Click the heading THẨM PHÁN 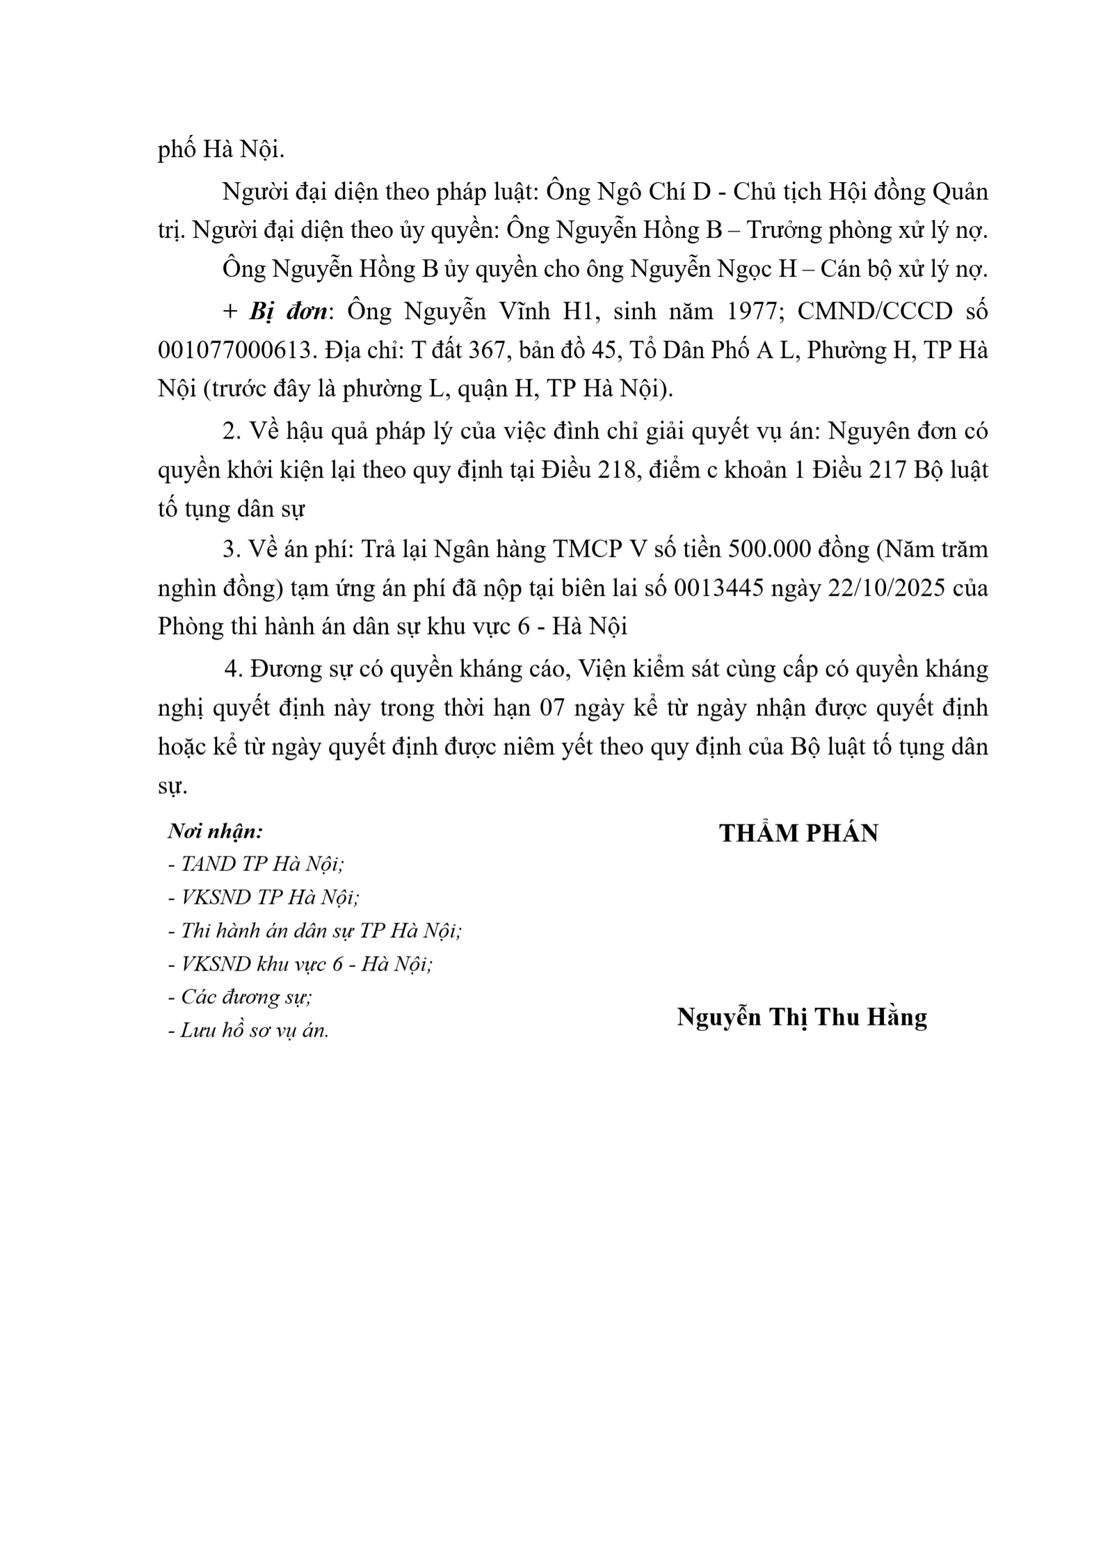point(798,833)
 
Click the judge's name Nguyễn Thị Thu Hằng point(802,1017)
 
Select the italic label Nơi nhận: point(216,831)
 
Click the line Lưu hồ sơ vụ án point(249,1030)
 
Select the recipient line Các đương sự point(241,997)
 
